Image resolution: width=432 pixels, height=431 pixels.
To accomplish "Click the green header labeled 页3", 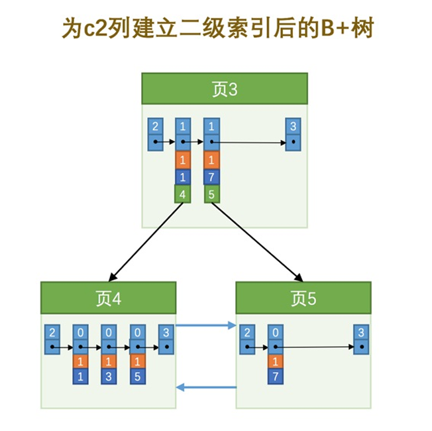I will click(x=224, y=89).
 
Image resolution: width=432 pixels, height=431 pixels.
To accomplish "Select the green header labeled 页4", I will click(x=108, y=298).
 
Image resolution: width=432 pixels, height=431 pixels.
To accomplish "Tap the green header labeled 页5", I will click(x=303, y=298).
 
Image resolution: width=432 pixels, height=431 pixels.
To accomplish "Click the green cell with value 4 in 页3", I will click(x=183, y=194).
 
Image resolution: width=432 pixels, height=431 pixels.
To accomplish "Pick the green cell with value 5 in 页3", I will click(x=211, y=194).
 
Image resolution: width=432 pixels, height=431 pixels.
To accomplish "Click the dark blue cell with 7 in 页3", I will click(x=211, y=177).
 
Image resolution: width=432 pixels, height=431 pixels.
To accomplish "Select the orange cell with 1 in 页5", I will click(x=276, y=361).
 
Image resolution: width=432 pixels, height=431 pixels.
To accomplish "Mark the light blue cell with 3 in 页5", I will click(x=360, y=332).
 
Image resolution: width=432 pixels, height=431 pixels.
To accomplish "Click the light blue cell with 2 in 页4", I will click(x=51, y=332).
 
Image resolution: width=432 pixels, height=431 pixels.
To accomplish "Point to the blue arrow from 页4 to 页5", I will click(x=206, y=325).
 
